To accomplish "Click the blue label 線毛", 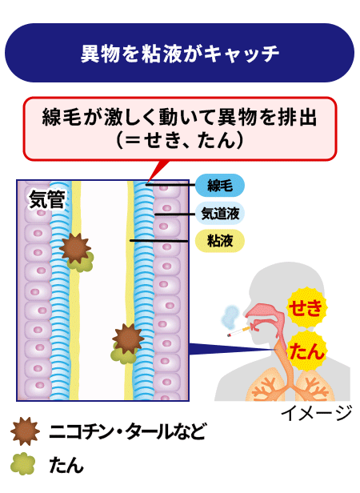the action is (x=220, y=185).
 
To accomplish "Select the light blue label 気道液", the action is (x=220, y=214).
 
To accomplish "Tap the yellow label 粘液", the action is (x=220, y=241).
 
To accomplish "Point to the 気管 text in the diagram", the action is (x=47, y=199).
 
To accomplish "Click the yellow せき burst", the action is (x=306, y=308).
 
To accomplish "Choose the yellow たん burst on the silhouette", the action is (x=306, y=351).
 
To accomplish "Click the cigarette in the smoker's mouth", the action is (x=239, y=331).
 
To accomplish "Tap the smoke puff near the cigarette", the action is (x=230, y=316).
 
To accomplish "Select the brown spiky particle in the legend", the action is (x=25, y=431).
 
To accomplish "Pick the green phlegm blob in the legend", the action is (x=22, y=463).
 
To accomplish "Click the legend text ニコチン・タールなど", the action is (x=127, y=431).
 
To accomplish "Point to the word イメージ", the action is (x=316, y=413).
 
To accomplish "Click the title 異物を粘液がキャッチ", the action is (x=180, y=53).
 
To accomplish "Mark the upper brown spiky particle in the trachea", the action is (x=75, y=248).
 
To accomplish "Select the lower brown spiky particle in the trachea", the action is (x=128, y=339).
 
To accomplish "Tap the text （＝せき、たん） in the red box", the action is (x=180, y=140).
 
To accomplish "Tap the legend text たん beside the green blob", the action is (x=66, y=465).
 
